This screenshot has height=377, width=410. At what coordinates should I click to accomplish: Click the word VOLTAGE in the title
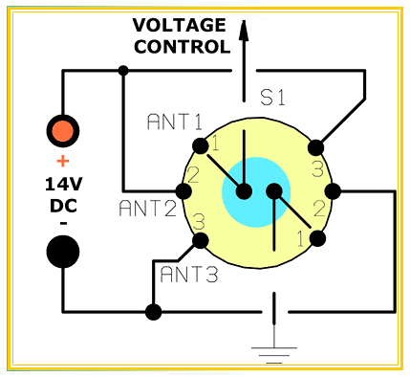(180, 25)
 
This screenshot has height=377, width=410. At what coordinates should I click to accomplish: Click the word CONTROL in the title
(182, 47)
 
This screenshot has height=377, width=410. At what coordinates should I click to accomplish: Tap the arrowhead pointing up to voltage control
(244, 31)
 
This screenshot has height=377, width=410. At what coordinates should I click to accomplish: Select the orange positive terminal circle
(63, 131)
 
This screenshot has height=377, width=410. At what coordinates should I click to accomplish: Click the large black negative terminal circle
(63, 252)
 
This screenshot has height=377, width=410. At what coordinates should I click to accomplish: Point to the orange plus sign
(63, 161)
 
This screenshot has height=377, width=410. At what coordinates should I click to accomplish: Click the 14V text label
(64, 185)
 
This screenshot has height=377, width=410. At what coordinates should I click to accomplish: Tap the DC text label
(64, 206)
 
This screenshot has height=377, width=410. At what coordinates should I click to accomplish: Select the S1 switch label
(272, 98)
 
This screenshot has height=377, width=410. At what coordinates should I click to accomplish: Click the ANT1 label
(175, 122)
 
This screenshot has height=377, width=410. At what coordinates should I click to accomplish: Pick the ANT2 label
(148, 209)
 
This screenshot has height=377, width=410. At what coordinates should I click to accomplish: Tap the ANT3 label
(189, 275)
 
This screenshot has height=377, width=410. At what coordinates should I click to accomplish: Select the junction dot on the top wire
(123, 70)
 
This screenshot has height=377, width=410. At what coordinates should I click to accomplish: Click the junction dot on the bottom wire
(153, 312)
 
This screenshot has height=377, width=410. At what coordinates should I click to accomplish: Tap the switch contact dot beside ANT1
(201, 146)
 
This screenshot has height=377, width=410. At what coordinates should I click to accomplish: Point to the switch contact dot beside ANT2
(183, 191)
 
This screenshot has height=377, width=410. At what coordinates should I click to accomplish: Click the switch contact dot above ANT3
(201, 241)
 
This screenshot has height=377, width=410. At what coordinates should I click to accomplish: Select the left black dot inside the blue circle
(244, 191)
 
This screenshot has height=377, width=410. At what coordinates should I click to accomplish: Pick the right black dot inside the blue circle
(274, 191)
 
